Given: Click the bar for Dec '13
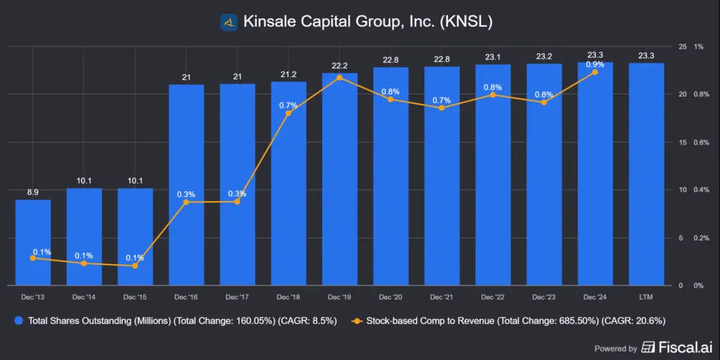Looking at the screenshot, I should (33, 243).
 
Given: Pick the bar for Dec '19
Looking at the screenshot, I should (340, 179).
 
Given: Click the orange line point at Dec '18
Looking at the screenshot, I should (288, 113).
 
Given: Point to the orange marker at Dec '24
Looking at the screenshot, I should (595, 72).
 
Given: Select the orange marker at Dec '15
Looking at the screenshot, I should (135, 266).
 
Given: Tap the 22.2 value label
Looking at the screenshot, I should (340, 65).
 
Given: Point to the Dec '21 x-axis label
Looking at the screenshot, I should (442, 296).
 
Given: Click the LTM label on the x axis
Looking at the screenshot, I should (646, 296).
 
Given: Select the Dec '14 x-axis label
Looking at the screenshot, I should (84, 296).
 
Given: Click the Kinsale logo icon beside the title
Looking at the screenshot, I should (229, 22).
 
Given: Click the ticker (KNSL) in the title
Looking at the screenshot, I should (466, 22).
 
